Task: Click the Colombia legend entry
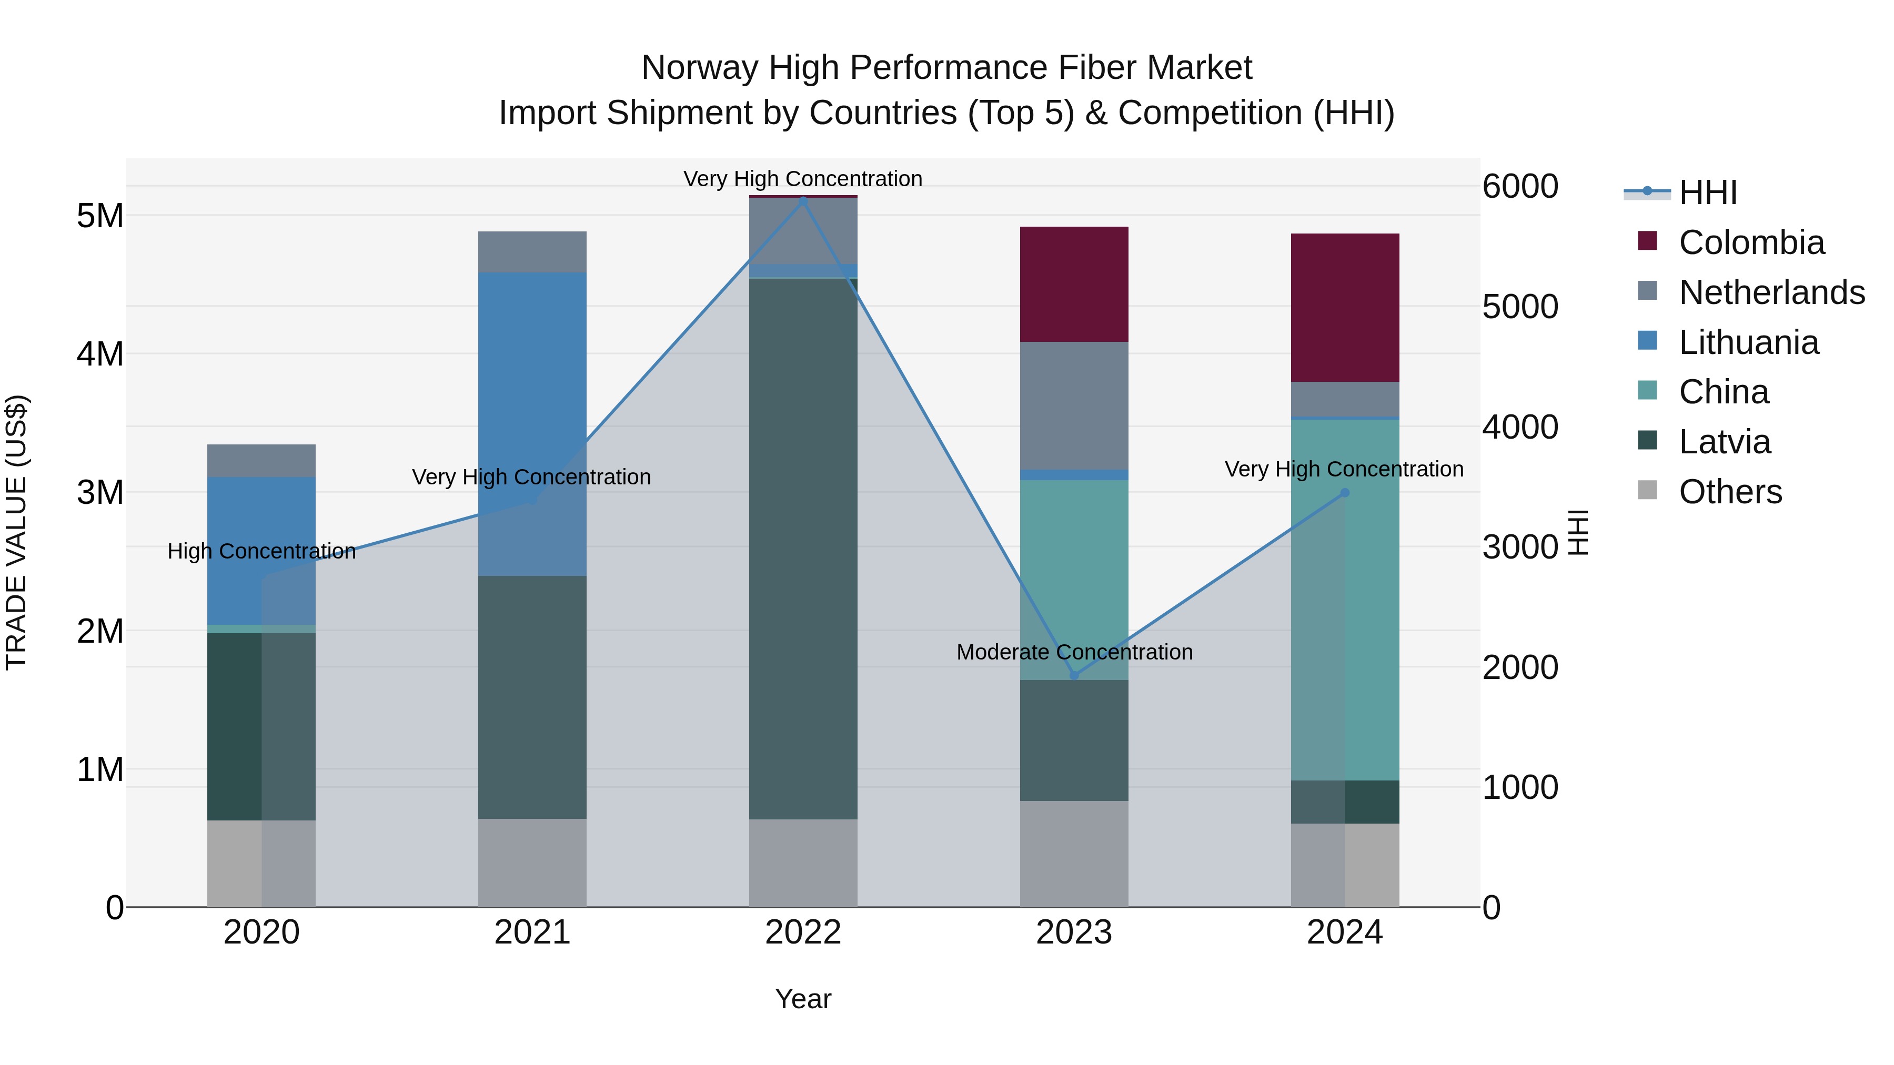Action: tap(1750, 242)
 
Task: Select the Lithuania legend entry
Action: tap(1748, 342)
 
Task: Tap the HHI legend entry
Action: tap(1707, 192)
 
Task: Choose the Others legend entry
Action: tap(1729, 492)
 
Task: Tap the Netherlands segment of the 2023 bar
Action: tap(1073, 405)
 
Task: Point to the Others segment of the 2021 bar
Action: tap(532, 863)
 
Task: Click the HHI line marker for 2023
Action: tap(1074, 675)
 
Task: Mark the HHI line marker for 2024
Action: tap(1345, 492)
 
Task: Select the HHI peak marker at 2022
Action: tap(803, 199)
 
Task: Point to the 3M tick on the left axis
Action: tap(100, 492)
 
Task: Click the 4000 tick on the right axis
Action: tap(1520, 427)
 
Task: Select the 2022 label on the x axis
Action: tap(803, 932)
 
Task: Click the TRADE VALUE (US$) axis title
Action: tap(17, 532)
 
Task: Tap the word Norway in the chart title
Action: tap(699, 68)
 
